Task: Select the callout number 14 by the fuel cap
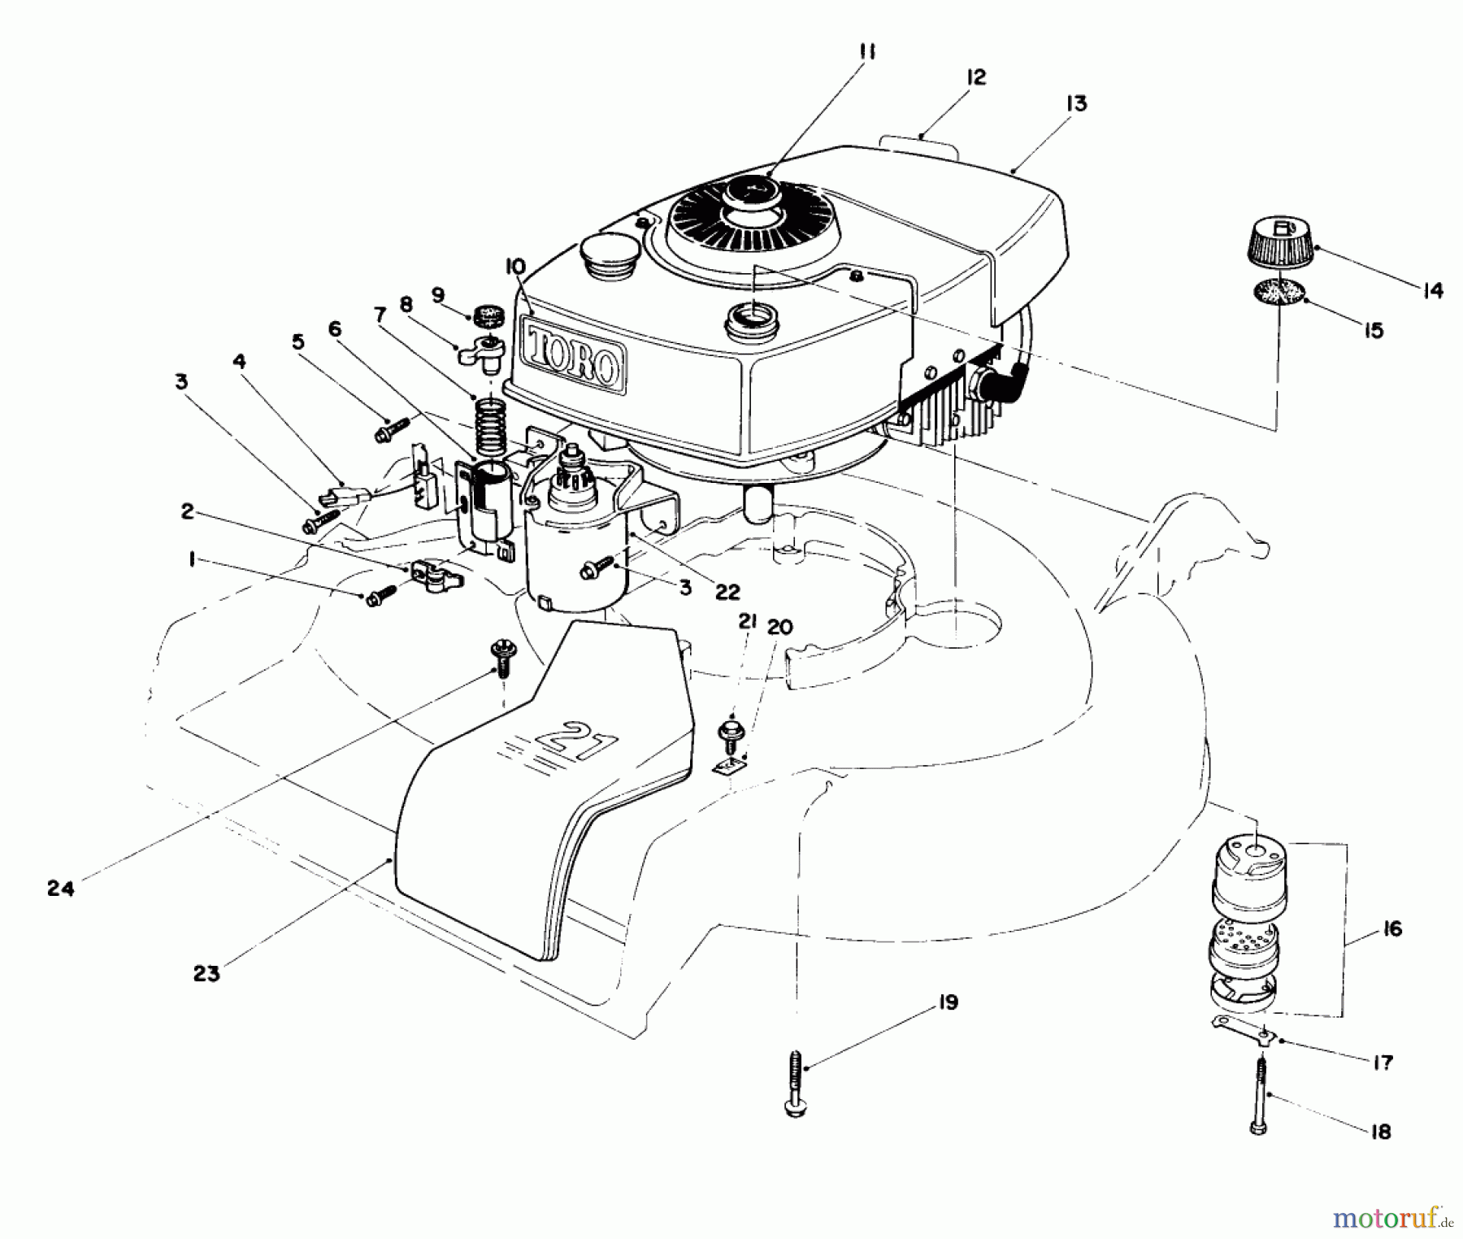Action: pyautogui.click(x=1432, y=290)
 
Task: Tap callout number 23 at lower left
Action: pyautogui.click(x=206, y=973)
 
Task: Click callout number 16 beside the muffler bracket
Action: pyautogui.click(x=1391, y=928)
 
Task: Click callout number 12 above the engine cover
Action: pyautogui.click(x=975, y=77)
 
